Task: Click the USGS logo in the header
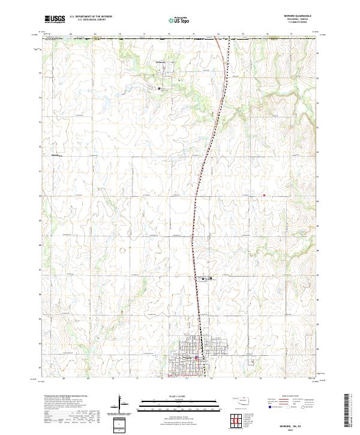click(x=55, y=19)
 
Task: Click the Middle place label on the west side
click(x=58, y=155)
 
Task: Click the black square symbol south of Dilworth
click(x=159, y=88)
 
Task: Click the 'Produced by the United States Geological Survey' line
click(x=66, y=397)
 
